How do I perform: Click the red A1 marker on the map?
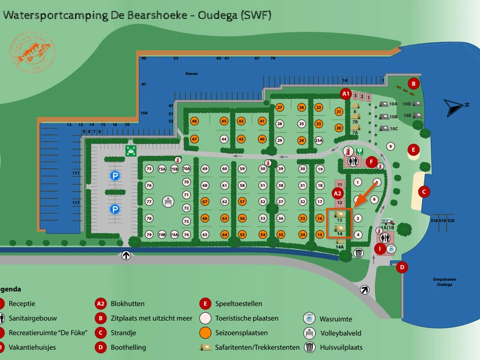(x=346, y=94)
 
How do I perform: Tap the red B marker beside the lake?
(x=413, y=84)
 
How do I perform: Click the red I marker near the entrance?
(x=380, y=249)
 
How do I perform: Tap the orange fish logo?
(x=33, y=51)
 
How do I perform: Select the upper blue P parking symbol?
(x=115, y=175)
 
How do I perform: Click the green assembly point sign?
(x=130, y=150)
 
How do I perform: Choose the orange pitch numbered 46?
(x=194, y=121)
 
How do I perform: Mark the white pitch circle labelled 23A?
(x=319, y=140)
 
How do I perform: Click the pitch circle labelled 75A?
(x=162, y=169)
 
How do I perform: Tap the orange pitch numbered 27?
(x=279, y=107)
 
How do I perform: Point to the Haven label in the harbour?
(x=192, y=73)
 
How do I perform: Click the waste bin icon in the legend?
(x=309, y=347)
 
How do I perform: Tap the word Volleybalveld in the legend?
(x=341, y=333)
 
